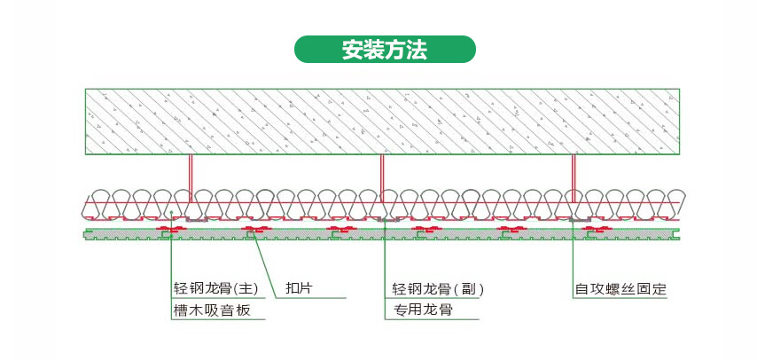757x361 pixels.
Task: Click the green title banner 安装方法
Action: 385,50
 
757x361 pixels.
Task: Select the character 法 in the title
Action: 417,51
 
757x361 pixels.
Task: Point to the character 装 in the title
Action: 374,51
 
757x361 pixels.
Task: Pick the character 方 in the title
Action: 395,51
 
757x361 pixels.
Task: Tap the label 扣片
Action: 299,289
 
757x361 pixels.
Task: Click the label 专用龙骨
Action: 422,310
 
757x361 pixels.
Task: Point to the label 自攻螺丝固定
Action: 620,289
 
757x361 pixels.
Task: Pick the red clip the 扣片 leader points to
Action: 254,231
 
